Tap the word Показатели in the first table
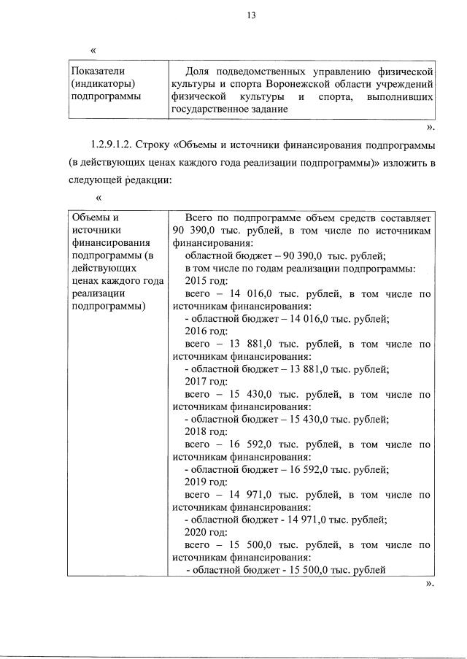pos(93,71)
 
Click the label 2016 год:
pos(207,331)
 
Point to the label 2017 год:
pos(207,381)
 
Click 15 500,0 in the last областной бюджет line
pos(301,570)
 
